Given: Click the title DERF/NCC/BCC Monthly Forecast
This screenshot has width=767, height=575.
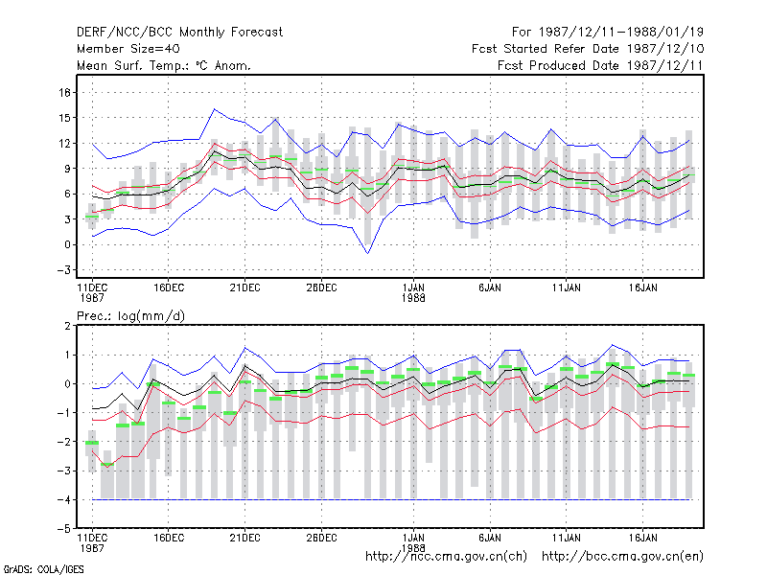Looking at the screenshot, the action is pyautogui.click(x=179, y=33).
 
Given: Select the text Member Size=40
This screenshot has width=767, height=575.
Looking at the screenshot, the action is pyautogui.click(x=128, y=49).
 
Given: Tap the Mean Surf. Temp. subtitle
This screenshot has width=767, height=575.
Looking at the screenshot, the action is pyautogui.click(x=164, y=65).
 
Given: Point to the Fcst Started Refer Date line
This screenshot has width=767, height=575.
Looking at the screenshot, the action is pyautogui.click(x=588, y=49).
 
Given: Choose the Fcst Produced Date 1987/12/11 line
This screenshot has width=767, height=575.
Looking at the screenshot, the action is pyautogui.click(x=600, y=65).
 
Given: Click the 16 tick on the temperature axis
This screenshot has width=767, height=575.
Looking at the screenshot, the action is pyautogui.click(x=64, y=92).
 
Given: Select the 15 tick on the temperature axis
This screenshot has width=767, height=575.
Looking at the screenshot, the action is pyautogui.click(x=64, y=118).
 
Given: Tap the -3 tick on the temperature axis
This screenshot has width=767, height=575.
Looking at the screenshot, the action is pyautogui.click(x=63, y=270).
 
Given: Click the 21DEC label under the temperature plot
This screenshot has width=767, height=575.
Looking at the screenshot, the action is pyautogui.click(x=244, y=287).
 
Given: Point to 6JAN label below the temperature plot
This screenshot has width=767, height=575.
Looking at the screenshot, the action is pyautogui.click(x=490, y=287).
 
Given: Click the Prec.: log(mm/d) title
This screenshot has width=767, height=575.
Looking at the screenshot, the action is pyautogui.click(x=130, y=316).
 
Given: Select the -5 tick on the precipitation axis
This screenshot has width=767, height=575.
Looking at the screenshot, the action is pyautogui.click(x=63, y=529).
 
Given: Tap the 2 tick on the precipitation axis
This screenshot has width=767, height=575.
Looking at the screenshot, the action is pyautogui.click(x=67, y=326).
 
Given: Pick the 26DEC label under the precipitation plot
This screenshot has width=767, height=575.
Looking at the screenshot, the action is pyautogui.click(x=321, y=538).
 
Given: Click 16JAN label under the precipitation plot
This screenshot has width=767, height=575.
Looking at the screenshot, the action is pyautogui.click(x=642, y=538).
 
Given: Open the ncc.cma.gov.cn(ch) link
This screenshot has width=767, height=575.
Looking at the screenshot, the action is pyautogui.click(x=446, y=557).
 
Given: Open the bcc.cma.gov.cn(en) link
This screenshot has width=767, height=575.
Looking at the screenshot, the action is pyautogui.click(x=622, y=557).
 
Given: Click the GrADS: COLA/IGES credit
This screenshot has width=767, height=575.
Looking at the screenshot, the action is pyautogui.click(x=43, y=569).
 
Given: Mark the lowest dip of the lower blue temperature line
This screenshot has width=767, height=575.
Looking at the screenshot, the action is pyautogui.click(x=367, y=253).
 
